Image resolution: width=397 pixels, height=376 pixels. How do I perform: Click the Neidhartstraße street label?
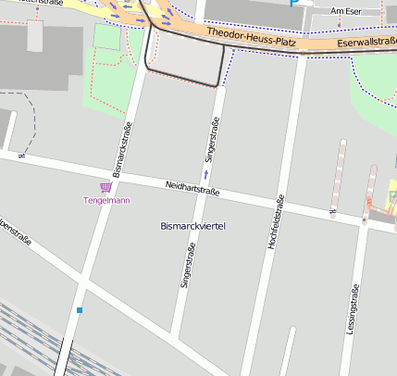click(x=192, y=189)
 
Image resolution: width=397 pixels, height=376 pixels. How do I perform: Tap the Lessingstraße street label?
click(x=352, y=309)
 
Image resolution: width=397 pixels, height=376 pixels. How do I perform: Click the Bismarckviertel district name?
click(x=193, y=226)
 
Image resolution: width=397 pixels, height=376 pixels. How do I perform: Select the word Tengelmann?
click(x=105, y=200)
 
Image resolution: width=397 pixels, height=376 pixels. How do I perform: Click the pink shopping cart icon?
click(x=105, y=187)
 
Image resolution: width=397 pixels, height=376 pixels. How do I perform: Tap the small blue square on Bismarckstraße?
click(x=81, y=309)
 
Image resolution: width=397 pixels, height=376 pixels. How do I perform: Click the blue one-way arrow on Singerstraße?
click(x=206, y=173)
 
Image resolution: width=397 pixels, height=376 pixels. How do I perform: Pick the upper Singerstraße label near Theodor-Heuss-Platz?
click(x=214, y=141)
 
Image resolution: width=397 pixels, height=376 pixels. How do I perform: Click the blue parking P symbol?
click(x=294, y=3)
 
